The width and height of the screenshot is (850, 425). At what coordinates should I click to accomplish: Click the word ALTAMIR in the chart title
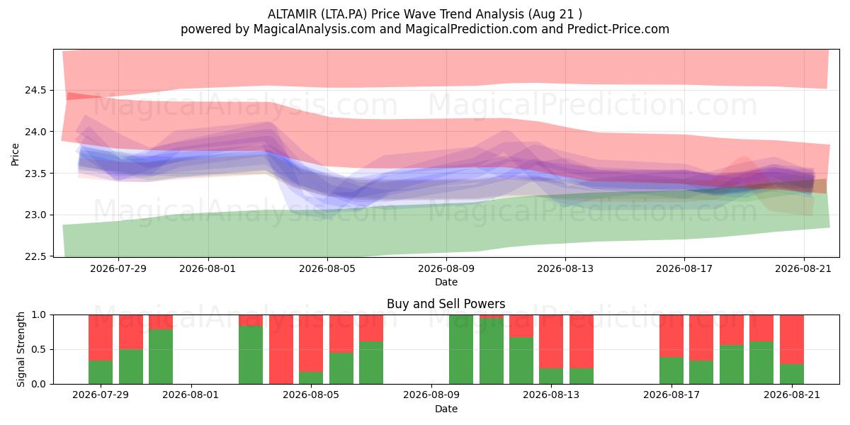coord(292,14)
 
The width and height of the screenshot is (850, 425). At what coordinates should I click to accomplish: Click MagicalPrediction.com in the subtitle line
coord(471,29)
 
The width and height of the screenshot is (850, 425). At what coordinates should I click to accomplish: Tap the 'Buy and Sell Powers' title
coord(446,304)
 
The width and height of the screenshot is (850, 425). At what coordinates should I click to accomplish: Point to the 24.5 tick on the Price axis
coord(35,91)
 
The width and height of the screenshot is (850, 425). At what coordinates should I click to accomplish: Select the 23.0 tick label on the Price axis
coord(35,215)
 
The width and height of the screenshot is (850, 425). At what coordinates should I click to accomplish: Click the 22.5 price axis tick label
coord(35,257)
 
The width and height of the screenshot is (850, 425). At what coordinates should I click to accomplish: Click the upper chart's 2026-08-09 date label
coord(446,268)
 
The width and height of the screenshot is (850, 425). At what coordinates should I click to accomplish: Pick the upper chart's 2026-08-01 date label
coord(208,268)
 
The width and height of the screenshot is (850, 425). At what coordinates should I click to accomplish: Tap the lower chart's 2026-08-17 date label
coord(671,395)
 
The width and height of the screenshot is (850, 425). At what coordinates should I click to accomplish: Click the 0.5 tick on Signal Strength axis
coord(39,349)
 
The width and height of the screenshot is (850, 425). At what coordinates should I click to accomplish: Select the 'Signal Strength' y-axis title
coord(21,349)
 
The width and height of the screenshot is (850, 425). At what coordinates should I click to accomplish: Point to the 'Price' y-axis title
coord(15,154)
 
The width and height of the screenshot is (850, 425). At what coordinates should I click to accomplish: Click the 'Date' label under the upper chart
coord(446,282)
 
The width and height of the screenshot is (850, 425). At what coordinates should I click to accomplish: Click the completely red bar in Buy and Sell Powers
coord(281,349)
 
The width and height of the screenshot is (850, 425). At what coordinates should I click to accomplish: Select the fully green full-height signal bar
coord(461,349)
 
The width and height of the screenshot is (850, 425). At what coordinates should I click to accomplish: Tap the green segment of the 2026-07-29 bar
coord(101,372)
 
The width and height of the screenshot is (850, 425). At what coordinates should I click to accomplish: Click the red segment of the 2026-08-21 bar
coord(792,339)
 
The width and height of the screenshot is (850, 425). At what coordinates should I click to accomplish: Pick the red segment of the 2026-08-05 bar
coord(311,343)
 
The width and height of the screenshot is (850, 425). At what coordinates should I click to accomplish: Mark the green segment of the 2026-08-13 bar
coord(551,375)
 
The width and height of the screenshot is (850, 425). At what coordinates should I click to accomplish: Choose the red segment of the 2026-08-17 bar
coord(671,336)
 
